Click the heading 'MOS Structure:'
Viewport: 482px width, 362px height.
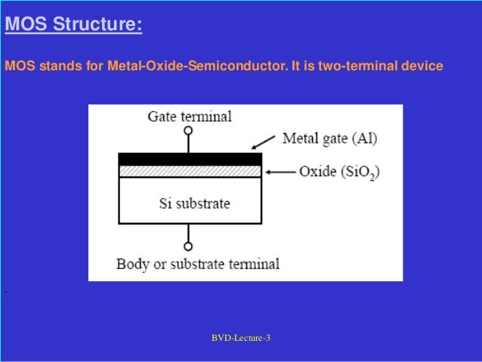tap(73, 26)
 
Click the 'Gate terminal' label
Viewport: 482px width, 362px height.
tap(189, 116)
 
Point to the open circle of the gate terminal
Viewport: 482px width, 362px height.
tap(189, 131)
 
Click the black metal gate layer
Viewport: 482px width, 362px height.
tap(190, 159)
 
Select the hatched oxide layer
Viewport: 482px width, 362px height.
tap(190, 171)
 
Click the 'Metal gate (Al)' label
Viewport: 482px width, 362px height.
tap(329, 138)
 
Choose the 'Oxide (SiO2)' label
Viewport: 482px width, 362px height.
tap(339, 172)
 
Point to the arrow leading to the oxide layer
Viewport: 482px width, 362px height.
tap(279, 172)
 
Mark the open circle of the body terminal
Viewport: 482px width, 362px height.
tap(189, 246)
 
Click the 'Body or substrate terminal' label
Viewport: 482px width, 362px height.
tap(197, 265)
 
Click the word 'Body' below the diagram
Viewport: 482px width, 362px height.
tap(131, 265)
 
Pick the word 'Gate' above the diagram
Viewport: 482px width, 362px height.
tap(162, 116)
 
